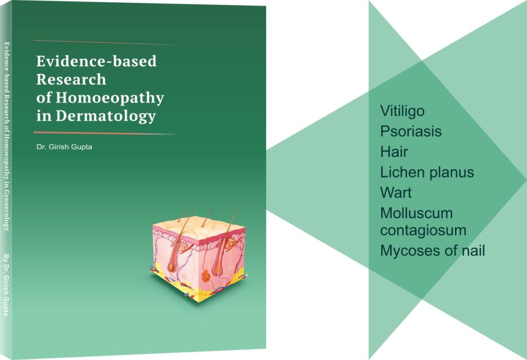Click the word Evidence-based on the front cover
pyautogui.click(x=96, y=62)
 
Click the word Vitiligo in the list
pyautogui.click(x=402, y=111)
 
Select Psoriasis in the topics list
pyautogui.click(x=411, y=131)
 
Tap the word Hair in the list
pyautogui.click(x=394, y=152)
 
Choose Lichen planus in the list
pyautogui.click(x=427, y=172)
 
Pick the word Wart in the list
pyautogui.click(x=396, y=192)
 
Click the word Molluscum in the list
pyautogui.click(x=416, y=213)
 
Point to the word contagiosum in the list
pyautogui.click(x=423, y=230)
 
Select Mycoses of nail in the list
pyautogui.click(x=432, y=250)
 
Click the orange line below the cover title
pyautogui.click(x=106, y=133)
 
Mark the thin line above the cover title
pyautogui.click(x=106, y=42)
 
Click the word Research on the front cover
pyautogui.click(x=71, y=80)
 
